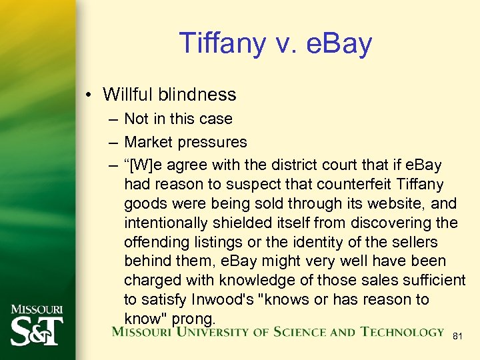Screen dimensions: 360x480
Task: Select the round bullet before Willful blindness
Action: coord(88,95)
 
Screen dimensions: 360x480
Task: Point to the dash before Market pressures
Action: coord(111,142)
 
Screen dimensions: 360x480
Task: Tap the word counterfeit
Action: coord(341,184)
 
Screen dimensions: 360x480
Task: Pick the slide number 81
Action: coord(457,336)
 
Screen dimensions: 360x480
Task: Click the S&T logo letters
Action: coord(37,331)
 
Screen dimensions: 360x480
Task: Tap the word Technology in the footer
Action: coord(402,332)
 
